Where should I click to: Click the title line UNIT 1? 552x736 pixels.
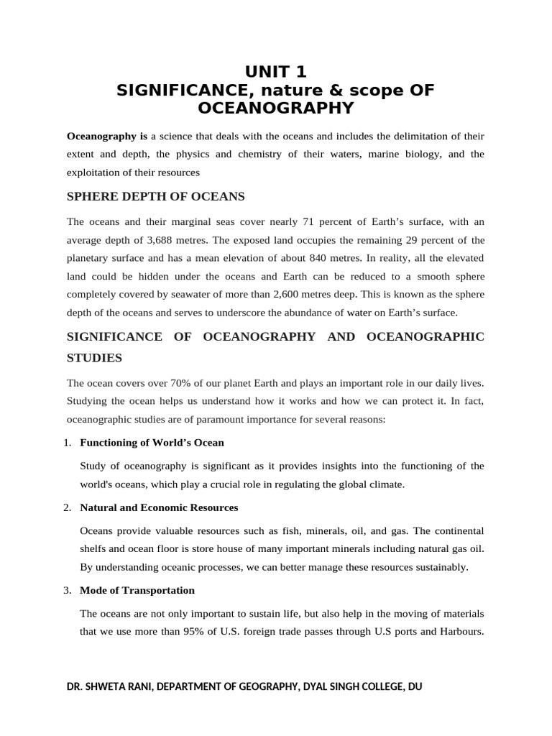[x=276, y=72]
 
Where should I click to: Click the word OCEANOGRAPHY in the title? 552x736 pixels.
[x=276, y=108]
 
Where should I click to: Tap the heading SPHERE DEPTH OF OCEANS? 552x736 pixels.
[x=156, y=196]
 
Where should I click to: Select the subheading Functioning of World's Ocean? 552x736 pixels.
[x=152, y=442]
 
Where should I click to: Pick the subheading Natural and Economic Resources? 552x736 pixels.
[x=159, y=507]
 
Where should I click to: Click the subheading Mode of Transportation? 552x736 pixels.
[x=137, y=590]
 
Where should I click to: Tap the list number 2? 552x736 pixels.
[x=67, y=507]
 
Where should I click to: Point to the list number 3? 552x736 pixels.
[x=67, y=590]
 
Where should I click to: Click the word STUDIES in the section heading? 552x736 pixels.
[x=94, y=357]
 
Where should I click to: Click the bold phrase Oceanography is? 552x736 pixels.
[x=107, y=136]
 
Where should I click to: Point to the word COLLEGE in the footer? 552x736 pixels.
[x=374, y=686]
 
